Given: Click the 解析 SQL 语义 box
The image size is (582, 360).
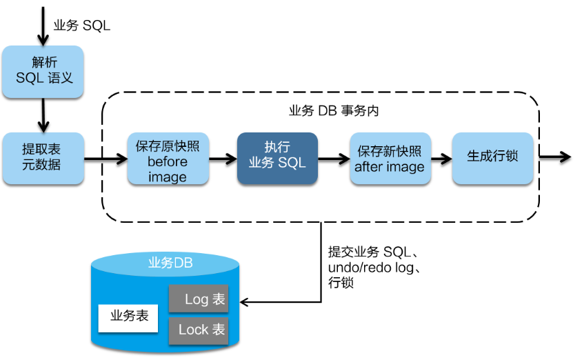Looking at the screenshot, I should [x=43, y=70].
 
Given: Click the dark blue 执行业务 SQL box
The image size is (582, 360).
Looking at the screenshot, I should [x=277, y=159].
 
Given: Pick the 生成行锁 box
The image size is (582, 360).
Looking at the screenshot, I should [x=492, y=158].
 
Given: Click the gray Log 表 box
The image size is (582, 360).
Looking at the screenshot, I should [x=199, y=299].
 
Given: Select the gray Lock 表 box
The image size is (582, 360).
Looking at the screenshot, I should [x=199, y=330].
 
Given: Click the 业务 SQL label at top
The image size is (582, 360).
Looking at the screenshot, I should [x=82, y=26].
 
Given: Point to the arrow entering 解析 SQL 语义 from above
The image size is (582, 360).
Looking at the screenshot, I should [x=43, y=28].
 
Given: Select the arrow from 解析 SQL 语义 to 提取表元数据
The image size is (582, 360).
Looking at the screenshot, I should [x=43, y=114].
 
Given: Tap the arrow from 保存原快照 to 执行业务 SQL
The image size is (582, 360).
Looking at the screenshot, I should [x=223, y=159].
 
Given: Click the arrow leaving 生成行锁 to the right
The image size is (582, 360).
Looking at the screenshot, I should [x=554, y=157].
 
